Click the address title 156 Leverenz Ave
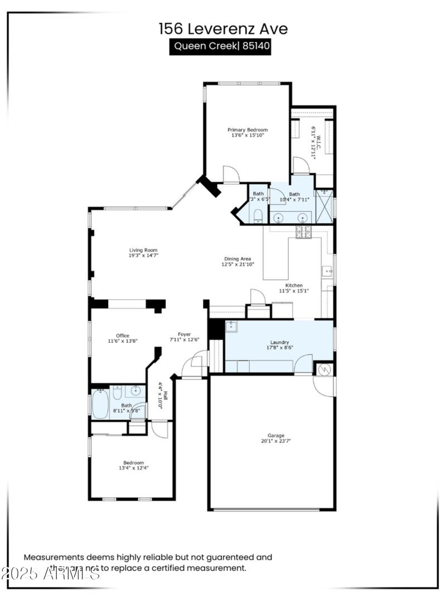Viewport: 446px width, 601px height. pyautogui.click(x=222, y=29)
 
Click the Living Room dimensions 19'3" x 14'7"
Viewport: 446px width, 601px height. pyautogui.click(x=143, y=255)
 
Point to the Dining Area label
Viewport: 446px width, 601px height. pyautogui.click(x=237, y=259)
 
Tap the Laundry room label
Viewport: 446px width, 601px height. pyautogui.click(x=279, y=342)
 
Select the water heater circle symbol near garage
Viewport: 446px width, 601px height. pyautogui.click(x=324, y=369)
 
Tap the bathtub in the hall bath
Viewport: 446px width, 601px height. pyautogui.click(x=100, y=403)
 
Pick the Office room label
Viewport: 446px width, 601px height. pyautogui.click(x=123, y=336)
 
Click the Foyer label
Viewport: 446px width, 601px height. pyautogui.click(x=185, y=334)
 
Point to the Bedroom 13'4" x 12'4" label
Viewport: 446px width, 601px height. pyautogui.click(x=134, y=462)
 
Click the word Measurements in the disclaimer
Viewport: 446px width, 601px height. pyautogui.click(x=53, y=557)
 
